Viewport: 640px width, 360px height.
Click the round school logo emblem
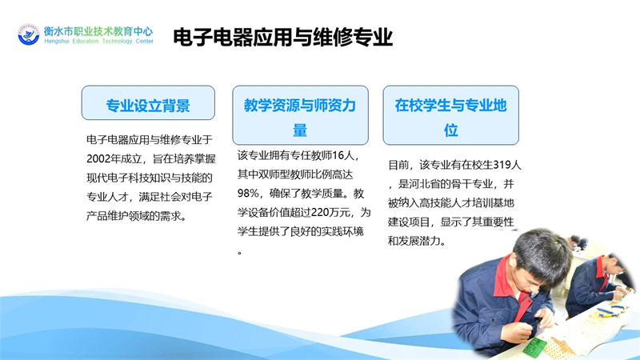pyautogui.click(x=29, y=34)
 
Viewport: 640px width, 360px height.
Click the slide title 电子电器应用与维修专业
pyautogui.click(x=283, y=37)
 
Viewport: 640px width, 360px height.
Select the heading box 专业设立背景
pyautogui.click(x=148, y=103)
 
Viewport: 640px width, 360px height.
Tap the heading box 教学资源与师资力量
pyautogui.click(x=301, y=115)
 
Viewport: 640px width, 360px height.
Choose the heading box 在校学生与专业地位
pyautogui.click(x=451, y=115)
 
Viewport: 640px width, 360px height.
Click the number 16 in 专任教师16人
pyautogui.click(x=338, y=156)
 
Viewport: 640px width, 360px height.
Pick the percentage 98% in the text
pyautogui.click(x=248, y=194)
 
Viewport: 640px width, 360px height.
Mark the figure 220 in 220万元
pyautogui.click(x=319, y=213)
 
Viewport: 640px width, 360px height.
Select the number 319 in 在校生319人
pyautogui.click(x=502, y=165)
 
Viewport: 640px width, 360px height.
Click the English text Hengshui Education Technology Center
pyautogui.click(x=98, y=42)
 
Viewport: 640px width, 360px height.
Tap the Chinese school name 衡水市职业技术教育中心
pyautogui.click(x=98, y=31)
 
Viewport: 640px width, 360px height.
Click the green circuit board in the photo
pyautogui.click(x=534, y=348)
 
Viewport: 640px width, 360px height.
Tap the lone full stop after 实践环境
pyautogui.click(x=240, y=253)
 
